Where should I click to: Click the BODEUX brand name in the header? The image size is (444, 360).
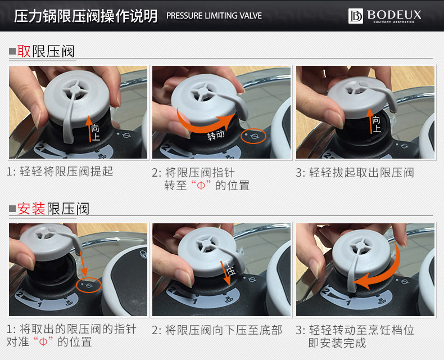pos(394,15)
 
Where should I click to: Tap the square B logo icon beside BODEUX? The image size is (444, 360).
pos(355,16)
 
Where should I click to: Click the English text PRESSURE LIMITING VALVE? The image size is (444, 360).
pos(214,16)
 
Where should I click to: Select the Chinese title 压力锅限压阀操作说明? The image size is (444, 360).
pos(86,16)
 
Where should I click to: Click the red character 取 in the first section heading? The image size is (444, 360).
pos(24,51)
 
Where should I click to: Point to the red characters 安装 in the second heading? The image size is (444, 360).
pos(31,209)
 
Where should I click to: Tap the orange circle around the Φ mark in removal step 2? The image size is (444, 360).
pos(253,136)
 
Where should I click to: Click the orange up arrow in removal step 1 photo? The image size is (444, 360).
pos(89,129)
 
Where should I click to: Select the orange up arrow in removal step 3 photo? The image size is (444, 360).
pos(370,121)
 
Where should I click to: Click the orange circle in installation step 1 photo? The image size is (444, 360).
pos(89,285)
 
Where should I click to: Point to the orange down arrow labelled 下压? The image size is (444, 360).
pos(226,273)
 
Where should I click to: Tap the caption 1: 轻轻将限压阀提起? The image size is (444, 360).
pos(60,172)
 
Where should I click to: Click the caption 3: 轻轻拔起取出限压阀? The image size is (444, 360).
pos(355,172)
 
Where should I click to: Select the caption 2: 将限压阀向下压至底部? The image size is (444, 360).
pos(217,330)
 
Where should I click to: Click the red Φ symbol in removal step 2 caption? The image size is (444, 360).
pos(201,186)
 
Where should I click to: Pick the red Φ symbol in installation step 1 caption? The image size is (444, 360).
pos(43,342)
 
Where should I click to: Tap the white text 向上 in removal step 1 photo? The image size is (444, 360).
pos(96,133)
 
